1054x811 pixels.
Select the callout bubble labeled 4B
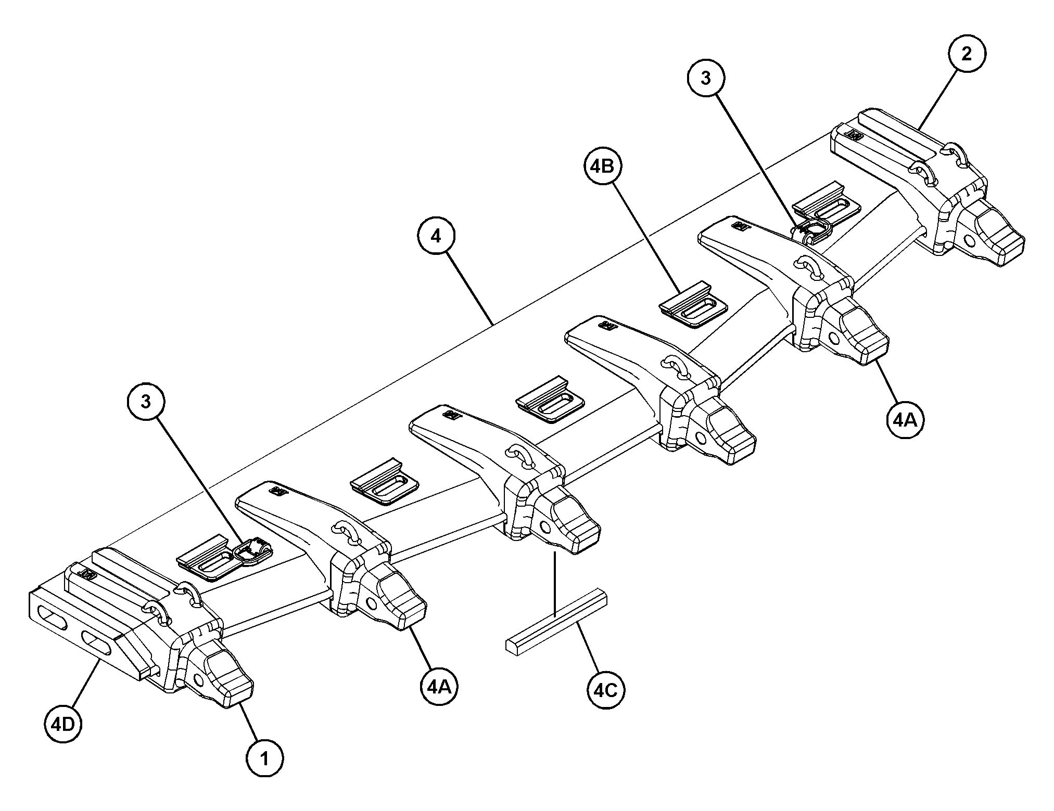[603, 166]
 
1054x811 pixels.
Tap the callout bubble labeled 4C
[606, 690]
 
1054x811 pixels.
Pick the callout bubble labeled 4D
[63, 724]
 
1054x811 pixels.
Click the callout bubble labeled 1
[265, 759]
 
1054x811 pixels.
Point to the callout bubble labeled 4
[436, 237]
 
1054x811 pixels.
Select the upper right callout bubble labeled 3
[706, 78]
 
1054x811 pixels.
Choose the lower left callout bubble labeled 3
[146, 402]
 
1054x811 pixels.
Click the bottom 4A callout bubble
[439, 687]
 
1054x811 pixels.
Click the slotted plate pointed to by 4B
[693, 305]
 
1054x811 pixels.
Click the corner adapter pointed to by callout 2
[911, 177]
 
